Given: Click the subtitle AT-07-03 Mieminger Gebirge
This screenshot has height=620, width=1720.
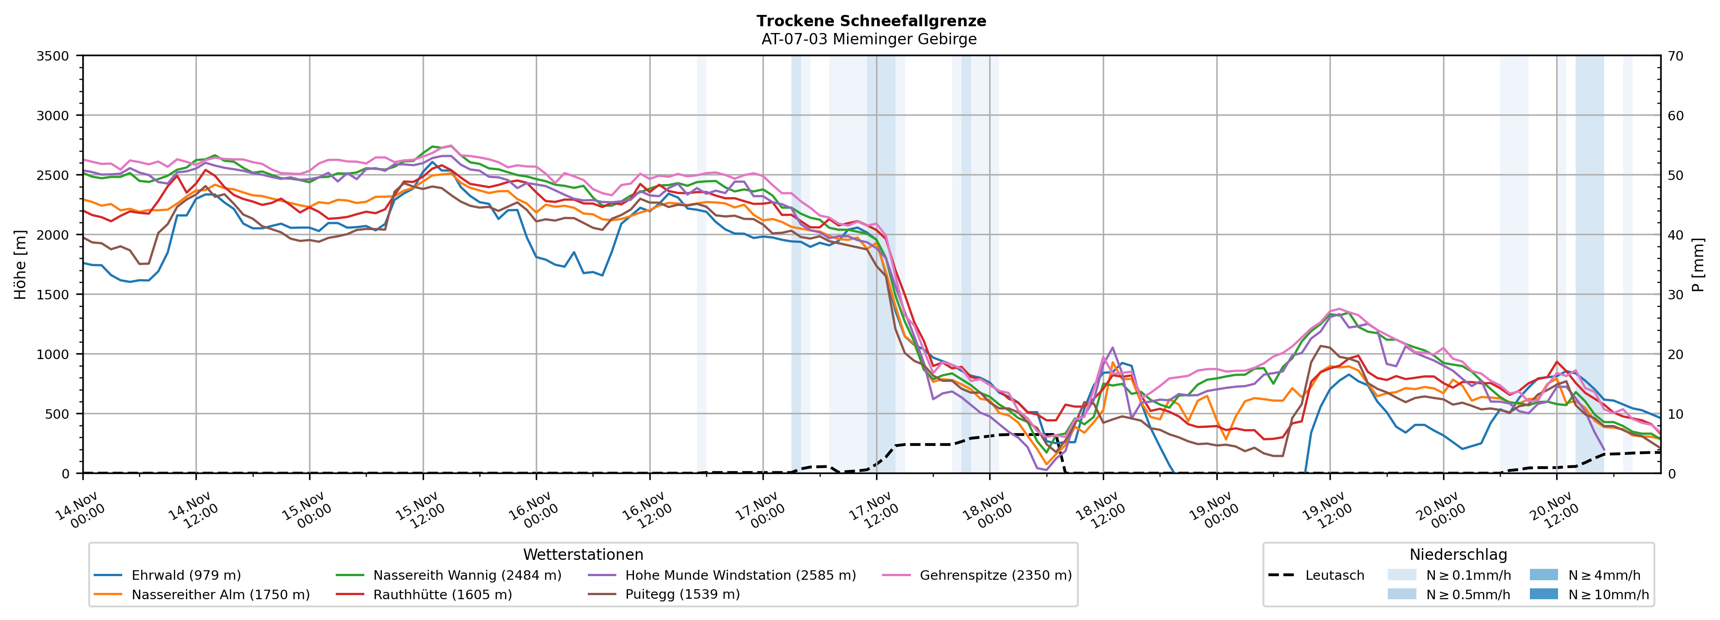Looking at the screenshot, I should (869, 39).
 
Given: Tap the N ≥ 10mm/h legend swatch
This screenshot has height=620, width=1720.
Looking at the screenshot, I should (1543, 594).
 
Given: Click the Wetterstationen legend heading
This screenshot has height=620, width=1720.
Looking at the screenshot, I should (583, 554).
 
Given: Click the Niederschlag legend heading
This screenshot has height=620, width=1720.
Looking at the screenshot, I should (1458, 554).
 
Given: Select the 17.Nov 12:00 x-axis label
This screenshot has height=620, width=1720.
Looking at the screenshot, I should (874, 511).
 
